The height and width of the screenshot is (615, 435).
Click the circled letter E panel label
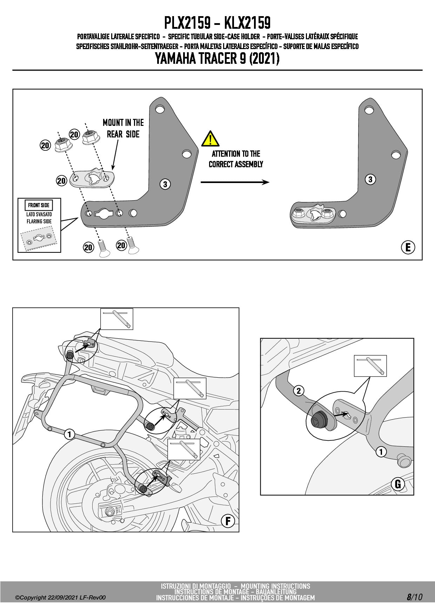[x=408, y=248]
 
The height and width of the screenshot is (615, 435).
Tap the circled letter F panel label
[x=228, y=521]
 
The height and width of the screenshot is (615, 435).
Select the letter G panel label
[x=398, y=484]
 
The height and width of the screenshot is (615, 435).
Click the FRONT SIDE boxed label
[x=39, y=205]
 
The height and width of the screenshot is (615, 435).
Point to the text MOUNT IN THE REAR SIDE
[x=123, y=128]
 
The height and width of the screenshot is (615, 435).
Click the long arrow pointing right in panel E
[x=235, y=182]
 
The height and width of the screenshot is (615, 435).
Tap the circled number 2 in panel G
[x=299, y=391]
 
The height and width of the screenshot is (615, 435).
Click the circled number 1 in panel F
[x=69, y=434]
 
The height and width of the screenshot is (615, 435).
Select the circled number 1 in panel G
[x=381, y=452]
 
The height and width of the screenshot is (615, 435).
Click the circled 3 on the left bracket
[x=165, y=184]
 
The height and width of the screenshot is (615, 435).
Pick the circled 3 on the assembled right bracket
[x=370, y=180]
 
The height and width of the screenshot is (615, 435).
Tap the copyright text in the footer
[x=60, y=597]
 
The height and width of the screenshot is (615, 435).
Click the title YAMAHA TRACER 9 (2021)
[x=217, y=59]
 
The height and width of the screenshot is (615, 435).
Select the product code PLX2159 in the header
[x=187, y=23]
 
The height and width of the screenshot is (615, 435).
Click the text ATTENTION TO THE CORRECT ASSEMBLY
[x=236, y=159]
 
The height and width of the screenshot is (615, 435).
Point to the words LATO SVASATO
[x=39, y=214]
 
